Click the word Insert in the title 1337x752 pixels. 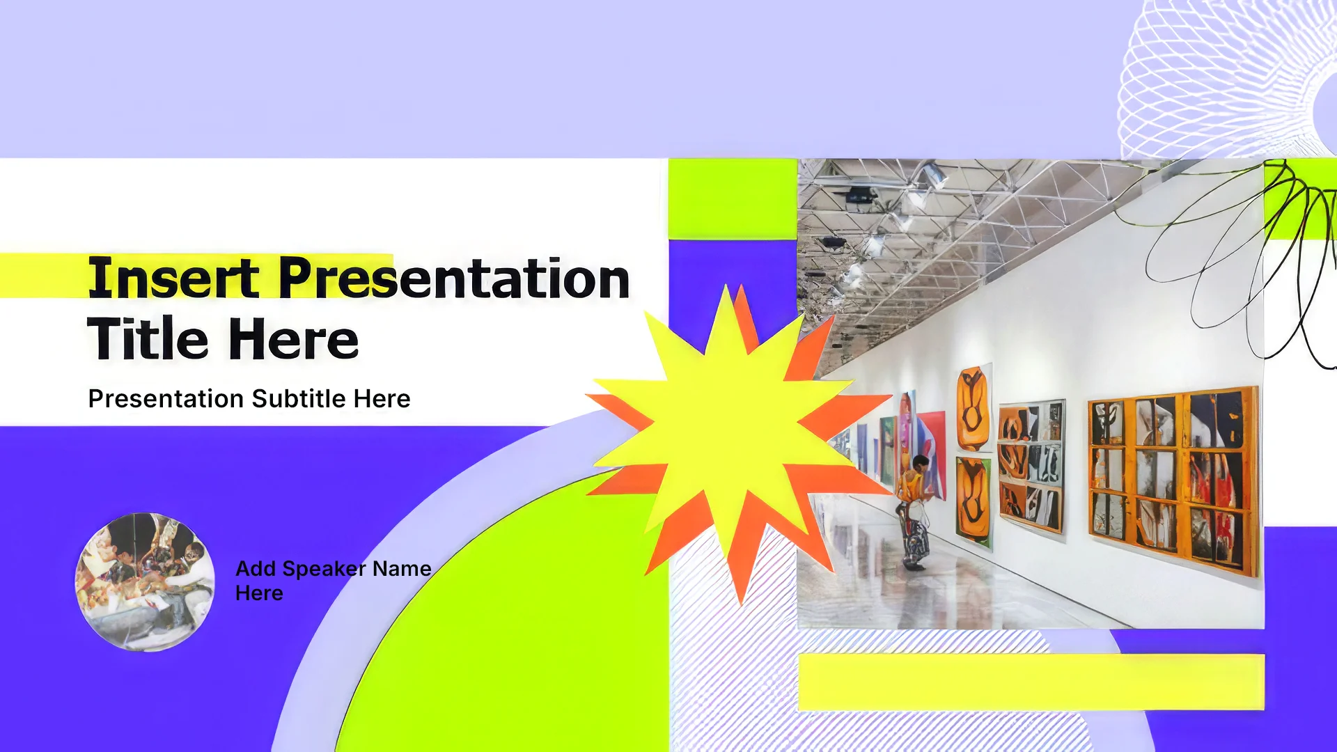pyautogui.click(x=174, y=278)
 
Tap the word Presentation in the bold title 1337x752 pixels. pyautogui.click(x=455, y=278)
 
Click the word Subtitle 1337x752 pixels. pyautogui.click(x=299, y=399)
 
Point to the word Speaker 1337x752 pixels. pyautogui.click(x=324, y=569)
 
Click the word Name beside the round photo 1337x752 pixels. pyautogui.click(x=402, y=569)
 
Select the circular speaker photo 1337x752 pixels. pyautogui.click(x=145, y=582)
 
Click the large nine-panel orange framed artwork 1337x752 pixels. pyautogui.click(x=1174, y=481)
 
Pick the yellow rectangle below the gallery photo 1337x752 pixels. pyautogui.click(x=1031, y=682)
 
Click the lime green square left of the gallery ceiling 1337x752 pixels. pyautogui.click(x=733, y=199)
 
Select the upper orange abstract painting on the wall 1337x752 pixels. pyautogui.click(x=974, y=409)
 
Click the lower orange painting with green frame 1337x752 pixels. pyautogui.click(x=974, y=501)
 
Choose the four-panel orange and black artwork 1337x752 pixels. pyautogui.click(x=1031, y=466)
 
